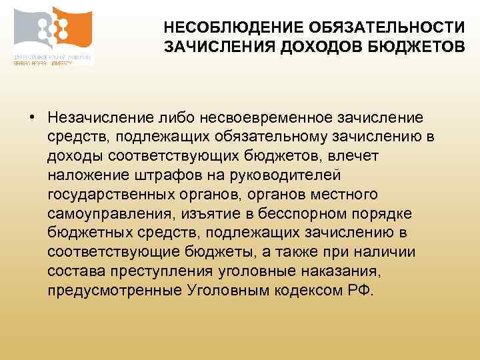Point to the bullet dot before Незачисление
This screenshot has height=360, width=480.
coord(32,119)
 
